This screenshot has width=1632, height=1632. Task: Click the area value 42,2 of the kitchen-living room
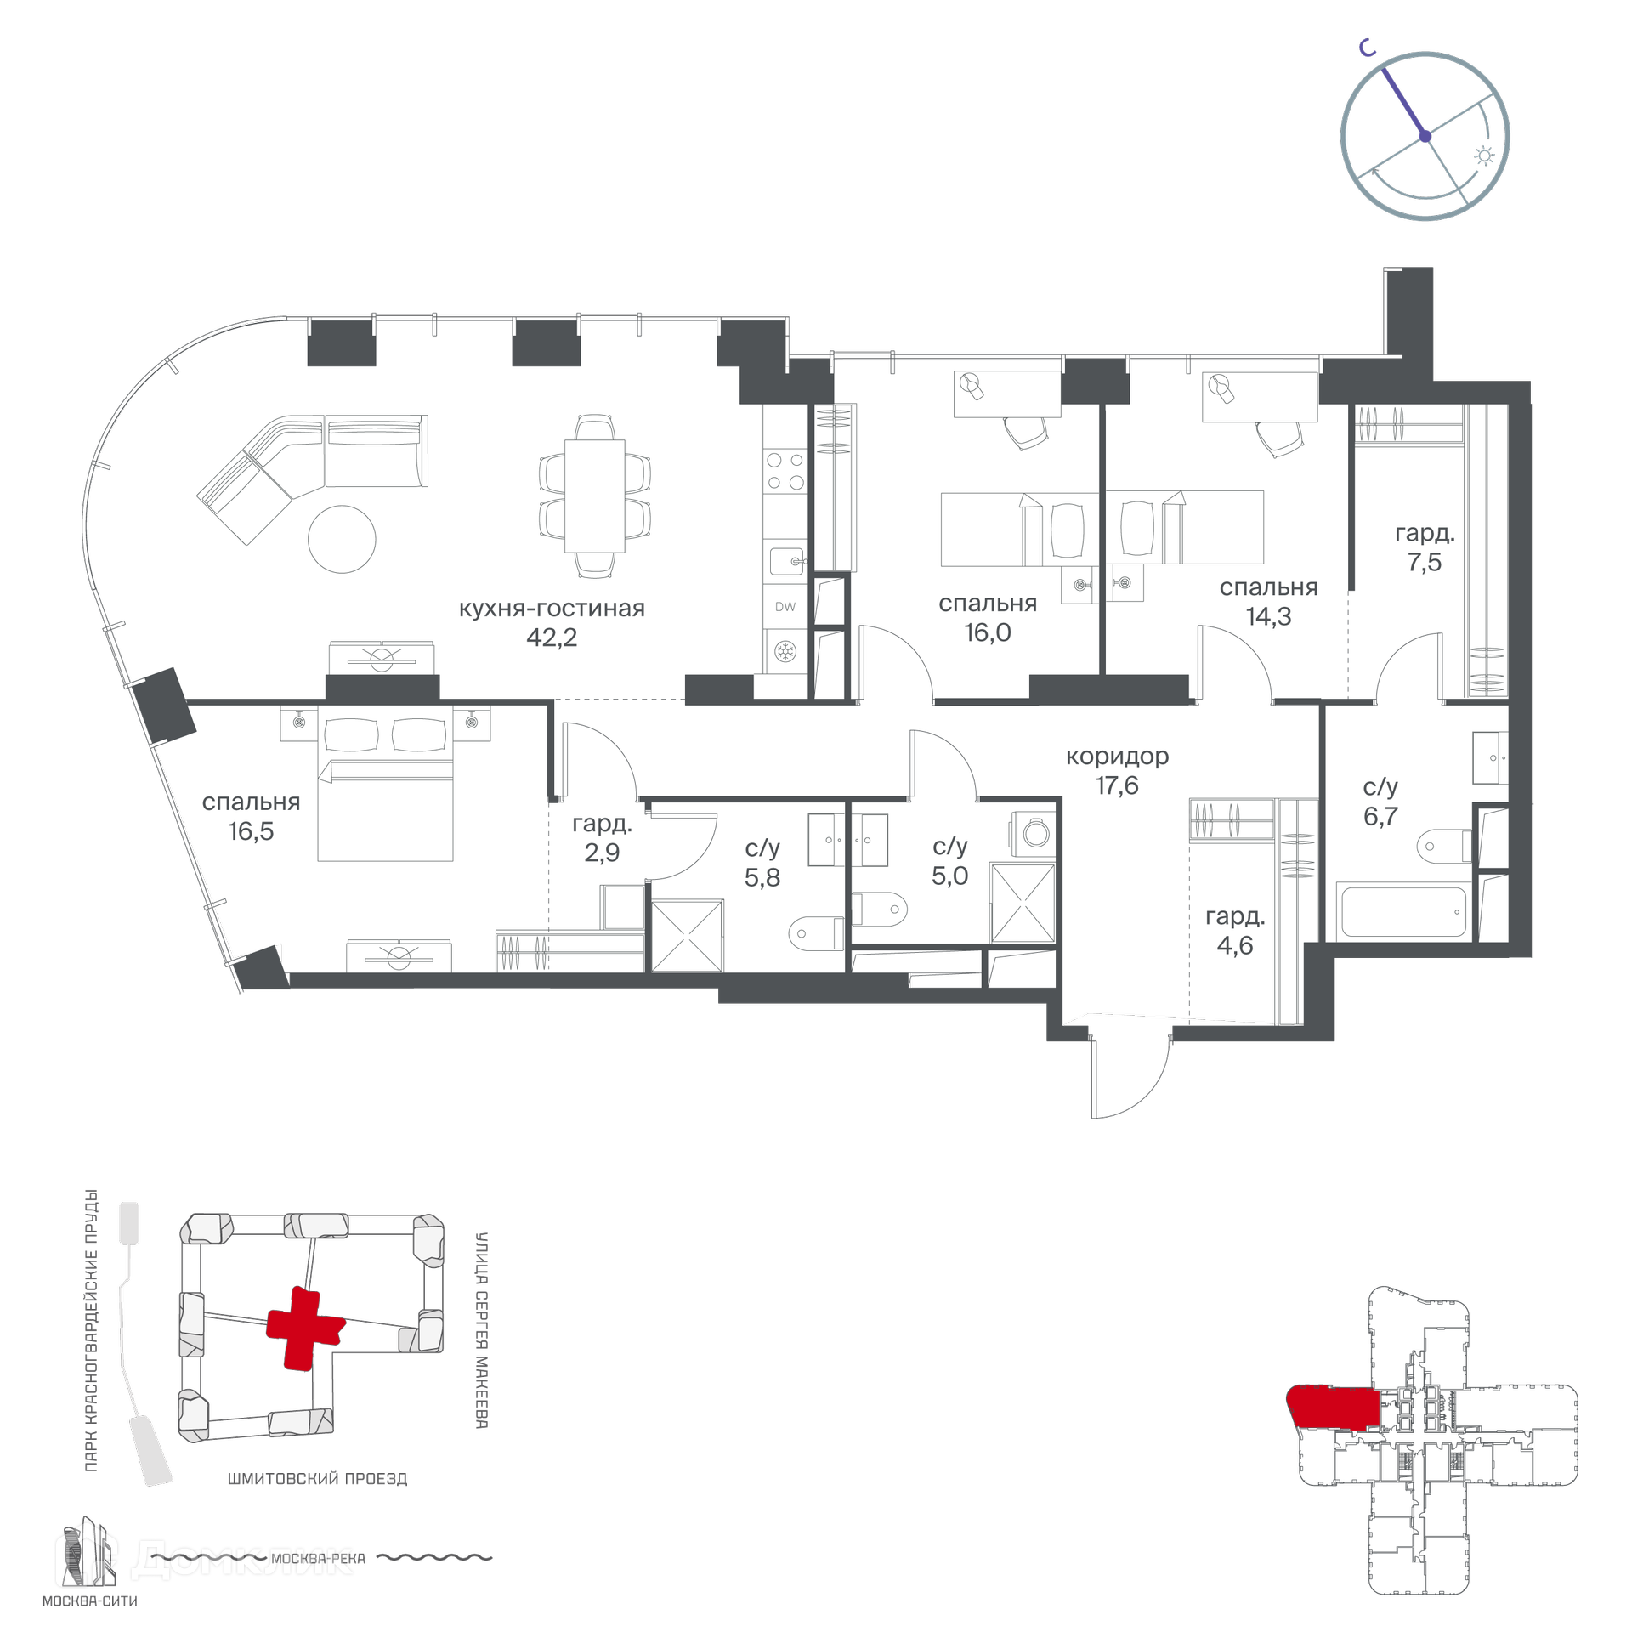point(552,637)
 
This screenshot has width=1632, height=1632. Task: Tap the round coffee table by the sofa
point(342,539)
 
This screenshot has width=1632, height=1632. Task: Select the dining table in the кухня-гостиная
point(595,496)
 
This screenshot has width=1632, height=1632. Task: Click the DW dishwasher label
point(785,606)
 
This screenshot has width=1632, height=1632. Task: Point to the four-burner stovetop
point(785,471)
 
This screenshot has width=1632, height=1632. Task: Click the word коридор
point(1117,756)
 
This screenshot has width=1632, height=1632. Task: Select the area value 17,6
point(1117,785)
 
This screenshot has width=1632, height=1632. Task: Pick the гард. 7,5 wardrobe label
point(1425,547)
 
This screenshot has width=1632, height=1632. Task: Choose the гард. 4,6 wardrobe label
point(1235,931)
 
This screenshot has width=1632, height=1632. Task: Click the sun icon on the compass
point(1484,156)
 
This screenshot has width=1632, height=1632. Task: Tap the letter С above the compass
point(1367,48)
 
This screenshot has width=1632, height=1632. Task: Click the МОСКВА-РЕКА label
point(318,1558)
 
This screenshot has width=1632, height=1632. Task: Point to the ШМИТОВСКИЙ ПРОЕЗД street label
point(317,1479)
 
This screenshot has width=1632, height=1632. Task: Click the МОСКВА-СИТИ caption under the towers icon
point(90,1601)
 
